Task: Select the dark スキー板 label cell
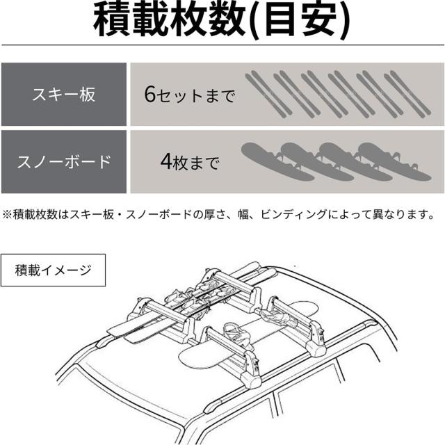[x=63, y=94]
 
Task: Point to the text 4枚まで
[x=189, y=165]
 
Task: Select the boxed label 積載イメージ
[x=54, y=270]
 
